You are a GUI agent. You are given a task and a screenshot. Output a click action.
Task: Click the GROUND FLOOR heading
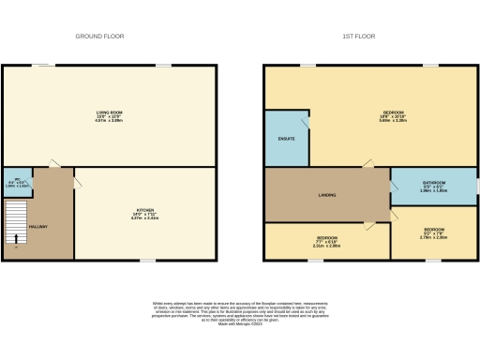[x=100, y=36]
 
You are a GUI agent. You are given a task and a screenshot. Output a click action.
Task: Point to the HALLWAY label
[x=37, y=227]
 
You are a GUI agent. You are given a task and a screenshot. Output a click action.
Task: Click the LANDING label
[x=326, y=195]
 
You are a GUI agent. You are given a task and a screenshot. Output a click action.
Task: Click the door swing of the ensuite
[x=303, y=121]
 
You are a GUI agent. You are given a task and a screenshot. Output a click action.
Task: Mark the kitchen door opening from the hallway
[x=79, y=177]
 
